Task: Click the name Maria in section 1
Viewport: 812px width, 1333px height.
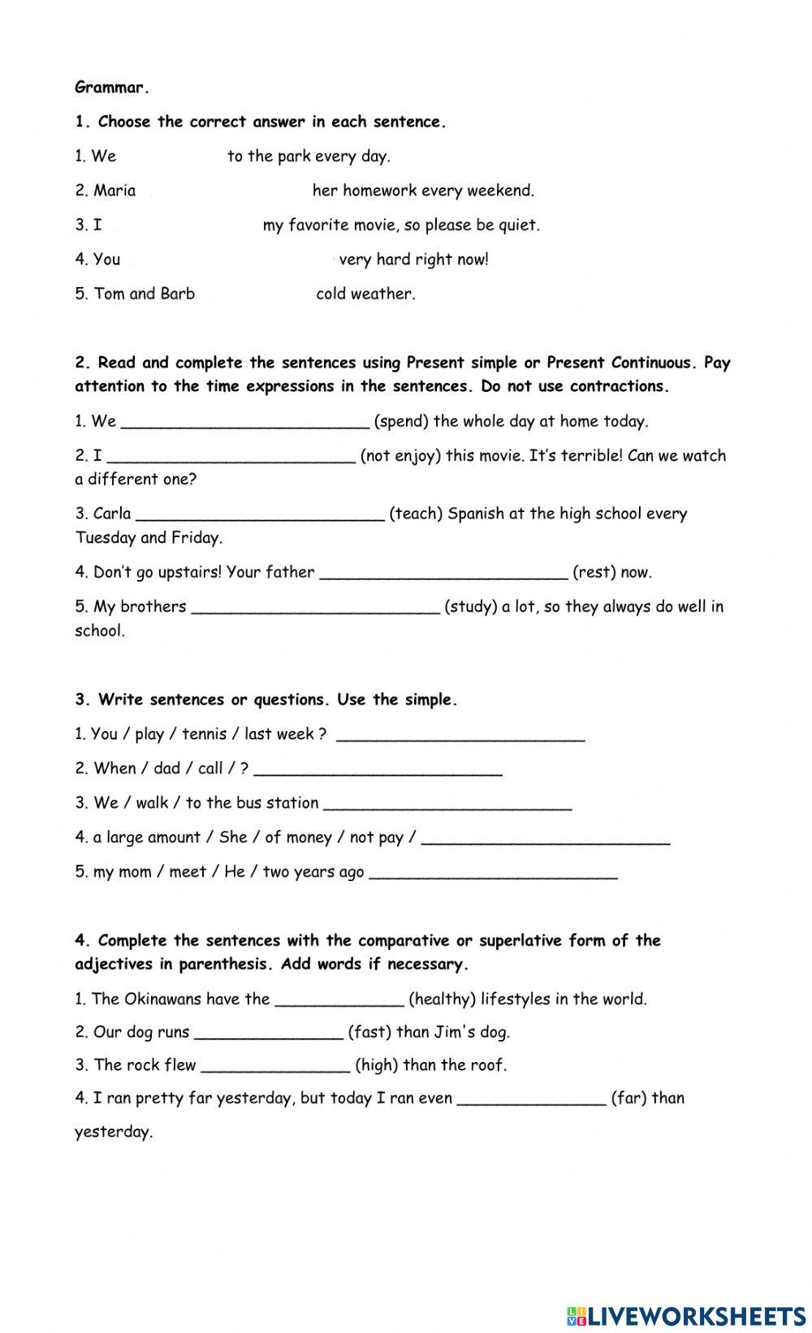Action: point(114,191)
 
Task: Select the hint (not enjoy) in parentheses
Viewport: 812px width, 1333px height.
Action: point(400,455)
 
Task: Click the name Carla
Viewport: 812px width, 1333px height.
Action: point(112,514)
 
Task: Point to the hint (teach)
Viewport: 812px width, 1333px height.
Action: point(416,514)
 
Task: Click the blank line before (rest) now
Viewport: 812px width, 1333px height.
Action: point(443,573)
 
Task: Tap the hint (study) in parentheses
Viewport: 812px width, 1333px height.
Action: point(471,607)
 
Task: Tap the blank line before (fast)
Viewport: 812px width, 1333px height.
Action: point(269,1034)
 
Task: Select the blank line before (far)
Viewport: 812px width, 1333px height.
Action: point(532,1099)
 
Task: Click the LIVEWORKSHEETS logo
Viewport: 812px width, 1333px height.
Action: point(686,1315)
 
